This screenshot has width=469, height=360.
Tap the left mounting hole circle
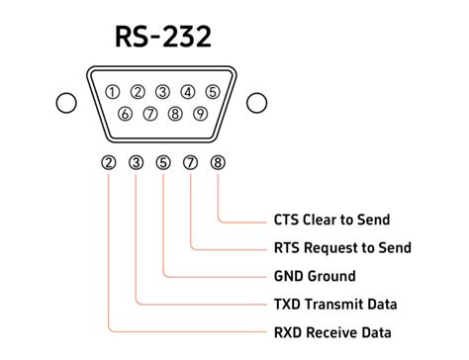pyautogui.click(x=66, y=103)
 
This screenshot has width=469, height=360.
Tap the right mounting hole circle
pyautogui.click(x=257, y=103)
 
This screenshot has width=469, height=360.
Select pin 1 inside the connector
pyautogui.click(x=113, y=93)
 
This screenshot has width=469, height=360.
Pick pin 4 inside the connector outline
pyautogui.click(x=188, y=93)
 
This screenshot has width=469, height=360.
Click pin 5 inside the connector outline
pyautogui.click(x=213, y=93)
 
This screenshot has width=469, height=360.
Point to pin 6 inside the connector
pyautogui.click(x=125, y=114)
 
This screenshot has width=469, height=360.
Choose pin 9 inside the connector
pyautogui.click(x=200, y=114)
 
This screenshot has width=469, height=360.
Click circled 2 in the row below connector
pyautogui.click(x=109, y=163)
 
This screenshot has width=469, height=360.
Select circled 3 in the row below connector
pyautogui.click(x=137, y=163)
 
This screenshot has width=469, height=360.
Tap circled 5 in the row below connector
pyautogui.click(x=163, y=163)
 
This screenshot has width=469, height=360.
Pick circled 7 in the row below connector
pyautogui.click(x=191, y=163)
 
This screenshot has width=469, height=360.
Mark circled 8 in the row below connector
pyautogui.click(x=218, y=163)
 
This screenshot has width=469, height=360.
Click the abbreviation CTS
pyautogui.click(x=287, y=220)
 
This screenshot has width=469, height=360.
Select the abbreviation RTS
pyautogui.click(x=287, y=247)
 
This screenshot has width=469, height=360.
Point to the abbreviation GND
pyautogui.click(x=289, y=276)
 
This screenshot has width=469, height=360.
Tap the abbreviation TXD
pyautogui.click(x=288, y=304)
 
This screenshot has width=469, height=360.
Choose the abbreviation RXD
pyautogui.click(x=288, y=332)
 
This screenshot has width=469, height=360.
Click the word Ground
pyautogui.click(x=331, y=276)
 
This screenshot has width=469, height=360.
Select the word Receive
pyautogui.click(x=334, y=332)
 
